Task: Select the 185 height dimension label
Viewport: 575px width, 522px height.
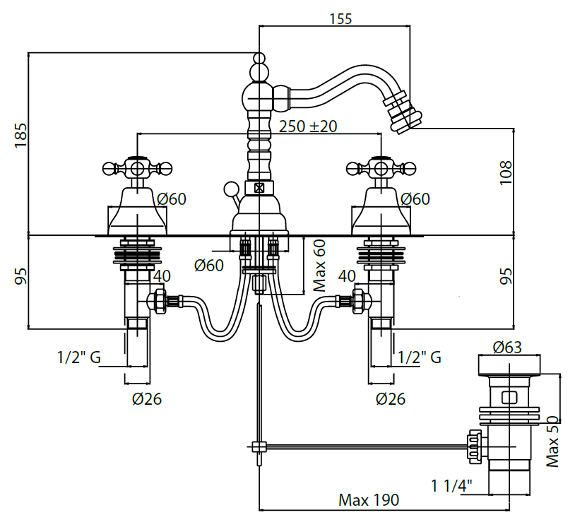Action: pyautogui.click(x=20, y=135)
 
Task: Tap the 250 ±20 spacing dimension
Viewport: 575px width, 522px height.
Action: pyautogui.click(x=307, y=126)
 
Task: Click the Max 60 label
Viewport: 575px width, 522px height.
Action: pyautogui.click(x=320, y=266)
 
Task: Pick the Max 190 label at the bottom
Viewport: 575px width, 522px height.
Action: pyautogui.click(x=368, y=500)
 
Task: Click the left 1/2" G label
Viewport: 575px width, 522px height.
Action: pyautogui.click(x=78, y=357)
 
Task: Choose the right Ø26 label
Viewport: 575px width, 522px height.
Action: pyautogui.click(x=390, y=399)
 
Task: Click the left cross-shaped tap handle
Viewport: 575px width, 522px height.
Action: pyautogui.click(x=137, y=168)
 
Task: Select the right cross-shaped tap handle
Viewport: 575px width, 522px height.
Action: pyautogui.click(x=381, y=168)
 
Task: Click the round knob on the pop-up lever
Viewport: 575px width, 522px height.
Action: pyautogui.click(x=230, y=189)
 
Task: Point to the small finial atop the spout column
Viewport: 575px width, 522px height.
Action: pyautogui.click(x=259, y=58)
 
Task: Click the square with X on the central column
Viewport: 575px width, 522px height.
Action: pyautogui.click(x=259, y=188)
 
